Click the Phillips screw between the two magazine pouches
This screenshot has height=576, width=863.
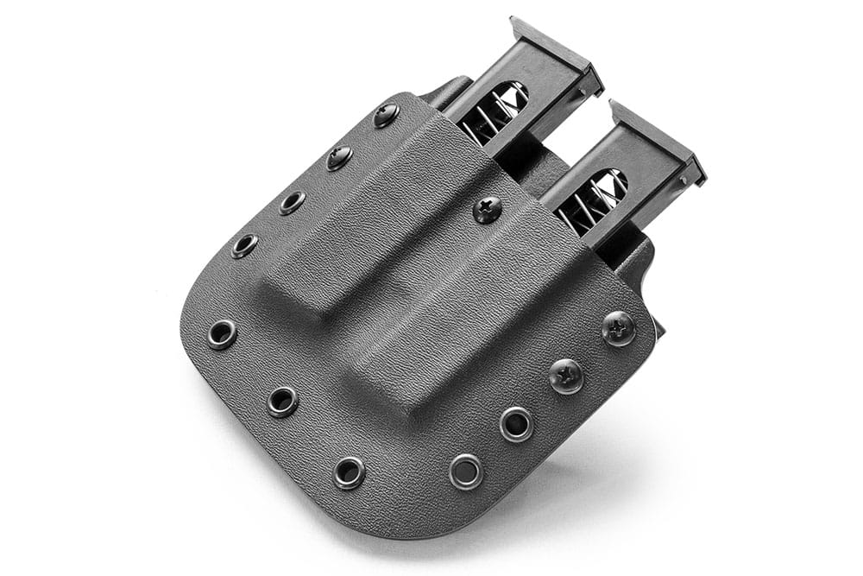point(488,209)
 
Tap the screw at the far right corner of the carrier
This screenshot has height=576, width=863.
point(619,328)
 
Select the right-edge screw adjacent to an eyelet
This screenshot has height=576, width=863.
point(567,376)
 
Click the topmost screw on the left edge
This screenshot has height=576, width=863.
point(386,115)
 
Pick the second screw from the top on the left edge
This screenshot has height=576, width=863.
point(339,157)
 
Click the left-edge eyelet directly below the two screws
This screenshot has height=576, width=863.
point(292,202)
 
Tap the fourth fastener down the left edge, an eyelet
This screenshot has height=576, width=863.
point(244,245)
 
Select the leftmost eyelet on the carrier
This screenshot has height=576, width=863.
point(223,333)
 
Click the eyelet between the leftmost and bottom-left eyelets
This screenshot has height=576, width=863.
point(282,401)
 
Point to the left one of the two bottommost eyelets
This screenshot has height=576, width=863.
point(349,472)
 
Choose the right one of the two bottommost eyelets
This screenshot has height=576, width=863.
point(467,471)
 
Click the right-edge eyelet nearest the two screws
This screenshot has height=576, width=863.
point(516,424)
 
